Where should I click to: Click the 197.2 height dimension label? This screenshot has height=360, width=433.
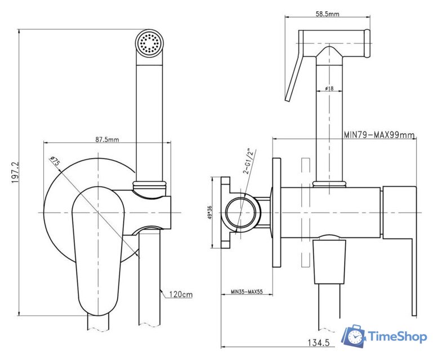[x=15, y=173]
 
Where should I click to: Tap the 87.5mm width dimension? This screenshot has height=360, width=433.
[x=107, y=139]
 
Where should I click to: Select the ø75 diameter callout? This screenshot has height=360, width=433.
[x=55, y=161]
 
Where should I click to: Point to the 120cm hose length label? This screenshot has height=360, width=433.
[x=181, y=294]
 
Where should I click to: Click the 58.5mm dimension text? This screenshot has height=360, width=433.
[x=327, y=13]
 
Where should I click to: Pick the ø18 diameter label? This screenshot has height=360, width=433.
[x=329, y=88]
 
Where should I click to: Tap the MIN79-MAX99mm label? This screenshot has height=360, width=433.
[x=379, y=134]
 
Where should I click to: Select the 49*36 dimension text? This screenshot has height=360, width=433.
[x=209, y=213]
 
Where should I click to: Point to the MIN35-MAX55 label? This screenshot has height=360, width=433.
[x=247, y=291]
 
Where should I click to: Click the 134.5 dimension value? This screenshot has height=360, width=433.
[x=319, y=343]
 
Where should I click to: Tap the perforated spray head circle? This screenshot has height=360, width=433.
[x=150, y=43]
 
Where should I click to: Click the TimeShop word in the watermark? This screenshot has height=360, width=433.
[x=398, y=336]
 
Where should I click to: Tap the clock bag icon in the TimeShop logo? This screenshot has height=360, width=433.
[x=354, y=336]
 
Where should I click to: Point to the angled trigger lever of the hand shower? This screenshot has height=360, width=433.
[x=294, y=76]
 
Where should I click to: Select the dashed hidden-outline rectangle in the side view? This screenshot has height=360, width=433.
[x=305, y=213]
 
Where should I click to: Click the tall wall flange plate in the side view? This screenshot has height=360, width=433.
[x=276, y=213]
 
